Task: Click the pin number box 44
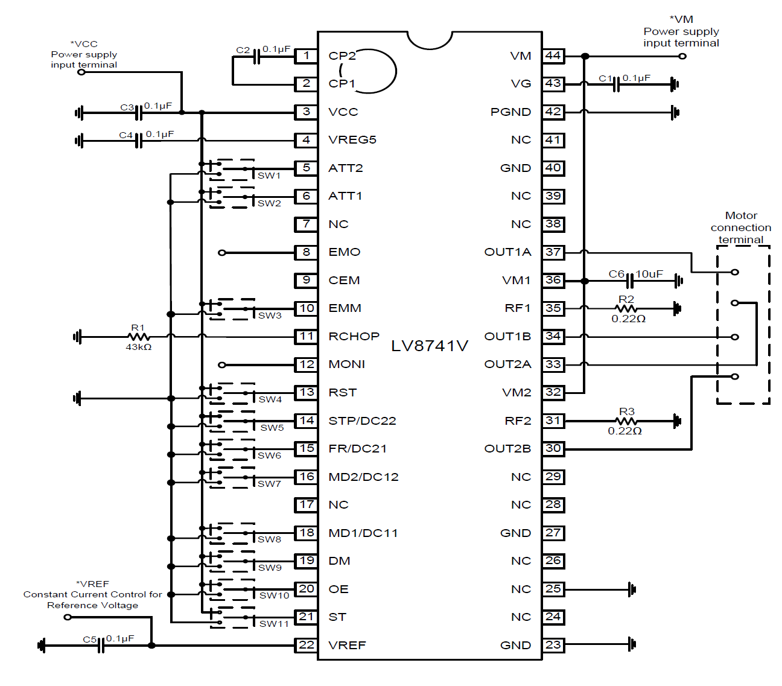[x=553, y=56]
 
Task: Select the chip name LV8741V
[x=430, y=346]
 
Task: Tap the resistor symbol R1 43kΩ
[x=139, y=337]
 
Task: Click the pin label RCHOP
[x=354, y=336]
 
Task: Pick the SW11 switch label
[x=274, y=623]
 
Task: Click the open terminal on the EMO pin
[x=221, y=252]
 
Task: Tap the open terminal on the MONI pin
[x=221, y=364]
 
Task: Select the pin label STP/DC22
[x=362, y=421]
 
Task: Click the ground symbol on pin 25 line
[x=632, y=589]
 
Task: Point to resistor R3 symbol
[x=626, y=421]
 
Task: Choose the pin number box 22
[x=307, y=645]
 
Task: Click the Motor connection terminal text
[x=741, y=227]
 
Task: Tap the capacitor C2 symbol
[x=257, y=56]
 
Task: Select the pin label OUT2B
[x=507, y=448]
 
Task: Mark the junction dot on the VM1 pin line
[x=585, y=281]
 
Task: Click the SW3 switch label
[x=270, y=315]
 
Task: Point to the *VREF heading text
[x=93, y=583]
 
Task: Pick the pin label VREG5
[x=352, y=139]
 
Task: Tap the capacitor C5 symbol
[x=101, y=645]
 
